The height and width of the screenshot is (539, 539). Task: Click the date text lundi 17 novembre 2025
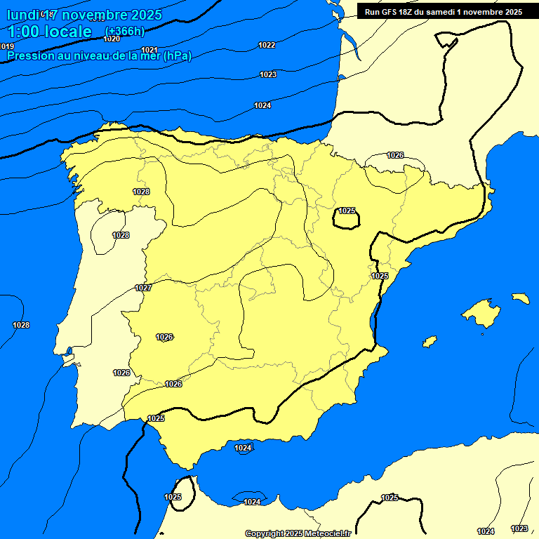click(84, 15)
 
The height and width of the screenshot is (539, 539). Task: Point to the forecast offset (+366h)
click(124, 32)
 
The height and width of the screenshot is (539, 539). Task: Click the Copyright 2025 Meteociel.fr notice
click(298, 533)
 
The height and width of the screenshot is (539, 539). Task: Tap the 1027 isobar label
click(143, 288)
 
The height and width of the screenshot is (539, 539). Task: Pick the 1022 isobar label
click(267, 45)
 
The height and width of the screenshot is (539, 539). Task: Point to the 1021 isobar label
click(149, 50)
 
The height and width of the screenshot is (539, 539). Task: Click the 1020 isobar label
click(112, 39)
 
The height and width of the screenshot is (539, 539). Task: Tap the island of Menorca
click(520, 298)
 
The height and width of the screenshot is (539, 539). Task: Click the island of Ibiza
click(429, 342)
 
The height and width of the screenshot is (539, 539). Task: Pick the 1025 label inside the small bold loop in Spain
click(347, 211)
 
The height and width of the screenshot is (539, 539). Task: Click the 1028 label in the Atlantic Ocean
click(21, 325)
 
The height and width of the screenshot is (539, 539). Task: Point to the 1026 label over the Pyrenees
click(395, 155)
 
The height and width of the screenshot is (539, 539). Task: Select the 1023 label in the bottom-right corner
click(519, 528)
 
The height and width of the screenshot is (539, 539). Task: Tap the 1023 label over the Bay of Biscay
click(268, 74)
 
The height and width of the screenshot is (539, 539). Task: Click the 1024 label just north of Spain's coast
click(262, 105)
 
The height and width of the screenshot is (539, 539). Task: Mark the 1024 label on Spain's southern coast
click(243, 448)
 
